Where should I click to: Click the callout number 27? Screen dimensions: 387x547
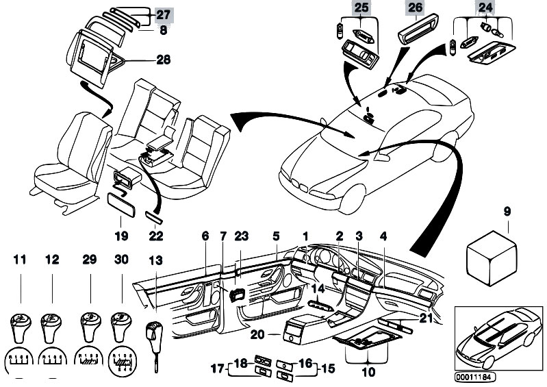(x=164, y=14)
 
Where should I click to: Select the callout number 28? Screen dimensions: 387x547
(x=164, y=60)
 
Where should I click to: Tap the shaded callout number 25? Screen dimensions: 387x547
(x=361, y=9)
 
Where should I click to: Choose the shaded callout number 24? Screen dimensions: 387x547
(x=485, y=9)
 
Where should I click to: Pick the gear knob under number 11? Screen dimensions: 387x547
(x=21, y=324)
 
